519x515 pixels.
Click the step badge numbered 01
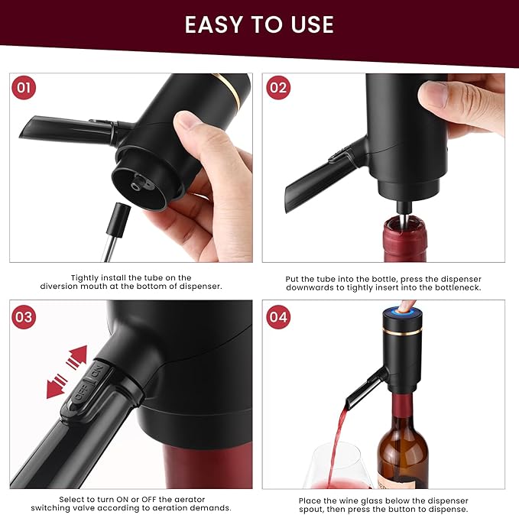click(x=24, y=88)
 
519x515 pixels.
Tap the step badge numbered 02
click(x=278, y=88)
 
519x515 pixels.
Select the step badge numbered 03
click(x=24, y=316)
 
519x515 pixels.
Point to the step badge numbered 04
click(x=278, y=316)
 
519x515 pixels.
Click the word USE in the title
click(x=309, y=24)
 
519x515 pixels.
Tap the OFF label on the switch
click(x=80, y=392)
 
